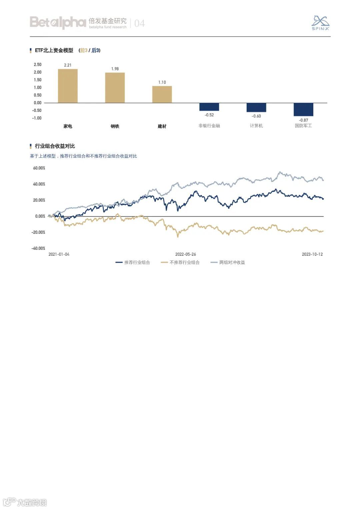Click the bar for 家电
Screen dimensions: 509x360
pos(68,86)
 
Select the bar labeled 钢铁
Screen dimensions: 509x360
pos(115,88)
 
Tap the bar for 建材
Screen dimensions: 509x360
pos(162,94)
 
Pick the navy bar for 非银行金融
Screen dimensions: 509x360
pos(209,107)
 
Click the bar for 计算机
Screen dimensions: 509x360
pos(256,108)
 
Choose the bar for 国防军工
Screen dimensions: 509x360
pos(303,110)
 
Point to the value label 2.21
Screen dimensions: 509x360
pos(68,65)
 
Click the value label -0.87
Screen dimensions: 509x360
pos(303,120)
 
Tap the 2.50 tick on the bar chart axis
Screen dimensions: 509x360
pos(38,65)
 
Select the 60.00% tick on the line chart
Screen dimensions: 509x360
pos(39,168)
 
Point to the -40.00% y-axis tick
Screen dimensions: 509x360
pos(38,248)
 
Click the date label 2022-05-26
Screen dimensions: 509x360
pos(186,254)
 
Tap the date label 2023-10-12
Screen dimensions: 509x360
pos(312,254)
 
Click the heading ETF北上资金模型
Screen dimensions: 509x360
pos(54,51)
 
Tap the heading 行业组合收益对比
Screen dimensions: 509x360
pos(55,146)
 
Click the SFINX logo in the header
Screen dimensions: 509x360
pos(320,23)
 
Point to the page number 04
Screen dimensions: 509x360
pos(139,23)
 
